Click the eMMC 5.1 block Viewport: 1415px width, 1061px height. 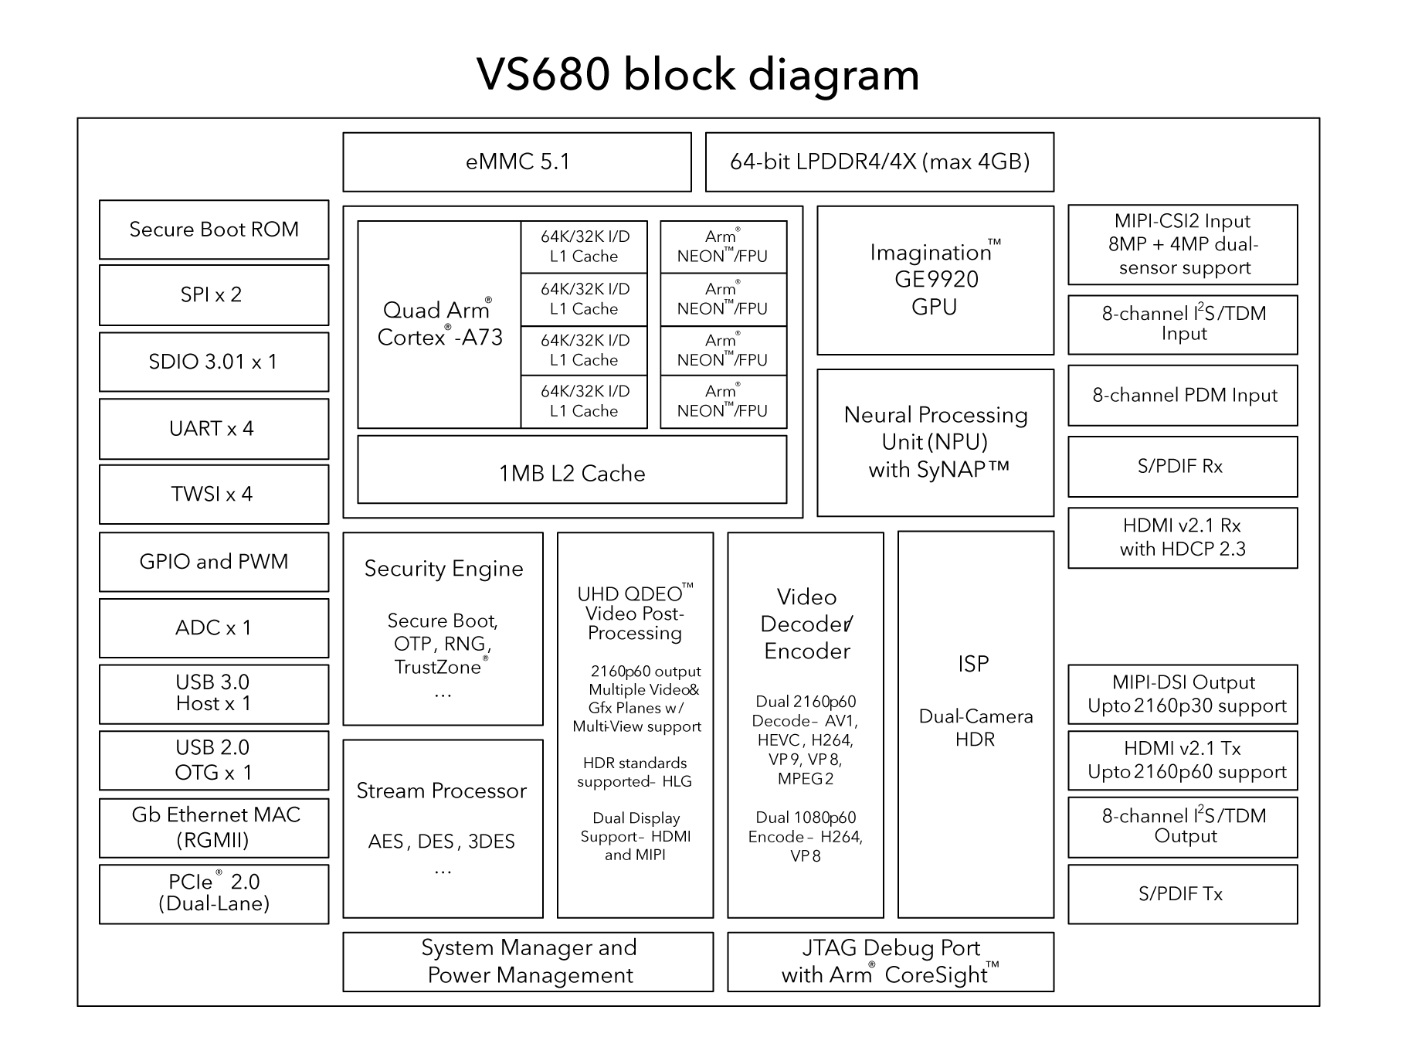(x=517, y=162)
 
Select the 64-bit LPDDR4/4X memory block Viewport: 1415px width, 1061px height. (x=879, y=162)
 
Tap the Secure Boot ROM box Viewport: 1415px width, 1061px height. (x=214, y=230)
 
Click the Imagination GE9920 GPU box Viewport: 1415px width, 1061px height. (x=935, y=280)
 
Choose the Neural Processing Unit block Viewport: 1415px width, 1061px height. (x=935, y=442)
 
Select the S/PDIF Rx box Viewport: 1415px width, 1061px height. (x=1182, y=467)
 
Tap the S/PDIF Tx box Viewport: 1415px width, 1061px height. (x=1182, y=894)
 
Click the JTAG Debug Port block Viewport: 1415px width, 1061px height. (x=890, y=961)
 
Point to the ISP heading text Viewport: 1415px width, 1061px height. (x=973, y=664)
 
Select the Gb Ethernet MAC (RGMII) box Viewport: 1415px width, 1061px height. (x=214, y=827)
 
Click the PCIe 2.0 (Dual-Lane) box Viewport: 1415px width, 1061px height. (x=214, y=893)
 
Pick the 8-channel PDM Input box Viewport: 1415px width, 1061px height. (x=1182, y=396)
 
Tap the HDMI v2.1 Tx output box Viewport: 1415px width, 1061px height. (x=1182, y=760)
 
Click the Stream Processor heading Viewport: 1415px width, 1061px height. (x=442, y=791)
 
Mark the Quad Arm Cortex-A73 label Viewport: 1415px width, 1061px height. (x=439, y=324)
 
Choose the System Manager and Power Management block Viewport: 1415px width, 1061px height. (x=528, y=961)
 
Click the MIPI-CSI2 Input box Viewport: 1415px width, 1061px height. (x=1182, y=244)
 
